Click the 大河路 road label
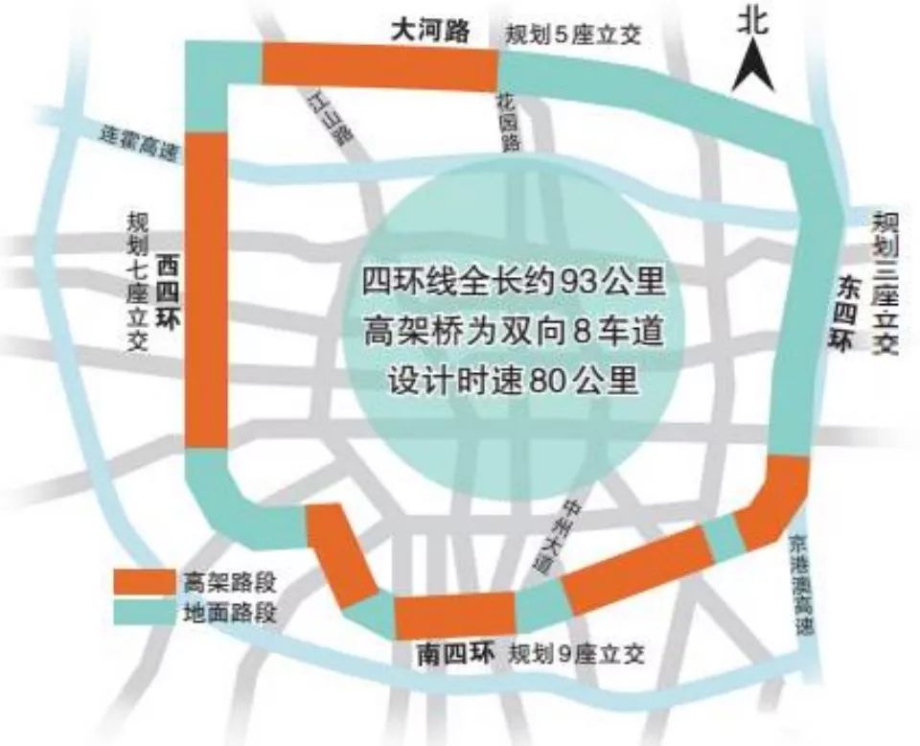coord(430,31)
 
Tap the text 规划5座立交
coord(572,35)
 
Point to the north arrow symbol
coord(753,68)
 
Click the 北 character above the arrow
coord(753,21)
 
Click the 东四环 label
coord(843,313)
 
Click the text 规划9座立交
coord(577,655)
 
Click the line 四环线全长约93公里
coord(513,283)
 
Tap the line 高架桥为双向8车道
coord(513,332)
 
